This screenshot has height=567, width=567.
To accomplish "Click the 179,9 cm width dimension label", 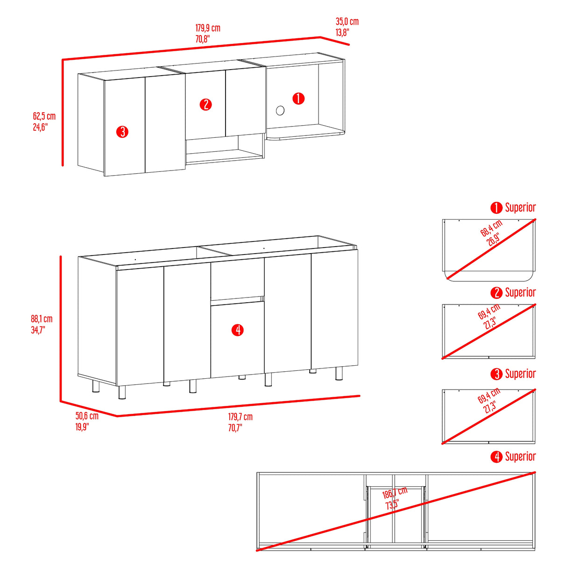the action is [208, 28].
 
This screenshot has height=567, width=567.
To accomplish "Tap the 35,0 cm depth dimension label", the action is [347, 21].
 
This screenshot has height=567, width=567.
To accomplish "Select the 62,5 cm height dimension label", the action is [44, 116].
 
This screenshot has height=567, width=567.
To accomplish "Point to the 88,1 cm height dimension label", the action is [42, 319].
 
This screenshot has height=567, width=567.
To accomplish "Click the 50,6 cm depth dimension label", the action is [87, 416].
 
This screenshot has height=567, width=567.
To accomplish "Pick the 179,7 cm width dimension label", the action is [241, 417].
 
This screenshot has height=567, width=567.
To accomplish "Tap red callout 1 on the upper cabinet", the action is [298, 99].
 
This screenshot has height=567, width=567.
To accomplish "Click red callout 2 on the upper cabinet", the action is [206, 105].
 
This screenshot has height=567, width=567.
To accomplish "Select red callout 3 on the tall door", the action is [122, 132].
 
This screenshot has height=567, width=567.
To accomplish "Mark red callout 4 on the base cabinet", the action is [237, 330].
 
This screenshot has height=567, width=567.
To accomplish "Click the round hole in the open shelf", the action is [280, 111].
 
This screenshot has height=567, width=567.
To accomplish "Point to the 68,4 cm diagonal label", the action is [491, 228].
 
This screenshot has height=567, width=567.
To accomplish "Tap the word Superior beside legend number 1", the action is [520, 207].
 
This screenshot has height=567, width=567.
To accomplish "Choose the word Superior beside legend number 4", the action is [520, 456].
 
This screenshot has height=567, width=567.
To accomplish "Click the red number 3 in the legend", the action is [496, 374].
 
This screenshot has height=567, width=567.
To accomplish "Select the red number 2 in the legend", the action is [496, 293].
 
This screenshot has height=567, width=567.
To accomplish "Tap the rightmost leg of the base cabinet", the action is [339, 373].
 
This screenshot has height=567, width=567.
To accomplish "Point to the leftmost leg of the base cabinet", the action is [96, 386].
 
